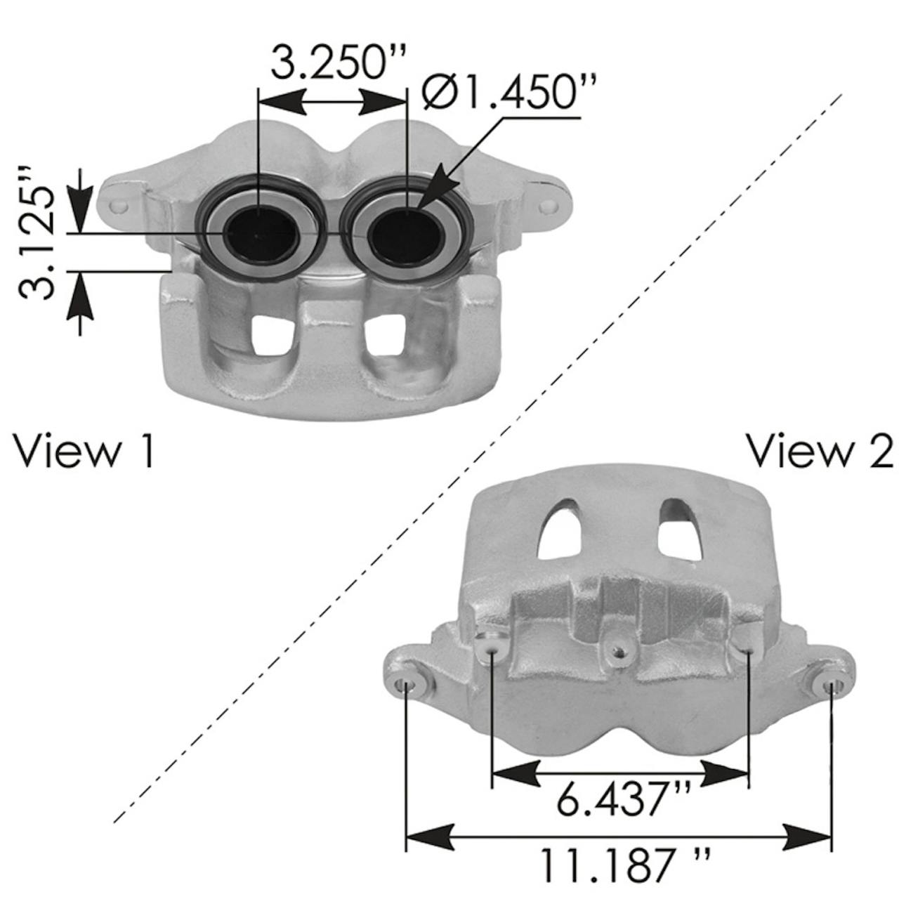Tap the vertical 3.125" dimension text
coord(37,232)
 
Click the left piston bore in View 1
coord(261,234)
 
